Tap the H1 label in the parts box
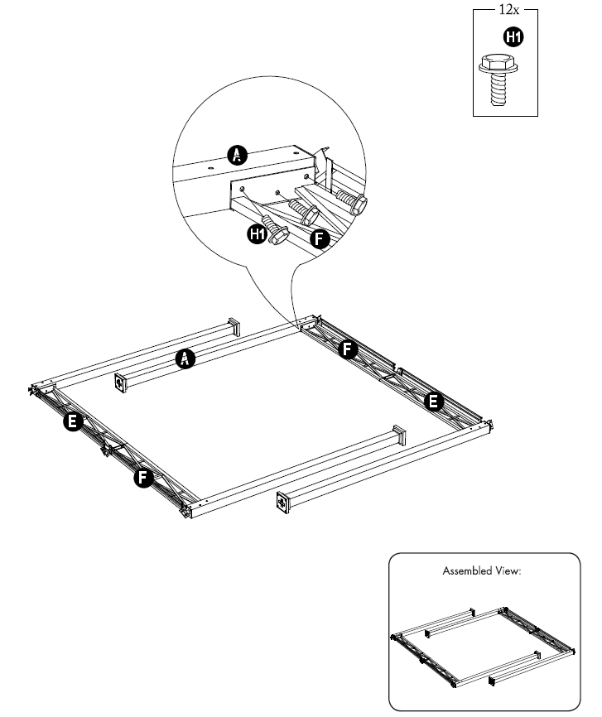pos(513,36)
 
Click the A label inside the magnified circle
pos(238,153)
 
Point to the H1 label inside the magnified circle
pos(258,234)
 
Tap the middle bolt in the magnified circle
pos(306,212)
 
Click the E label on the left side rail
pos(72,423)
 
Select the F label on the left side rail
pos(144,478)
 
